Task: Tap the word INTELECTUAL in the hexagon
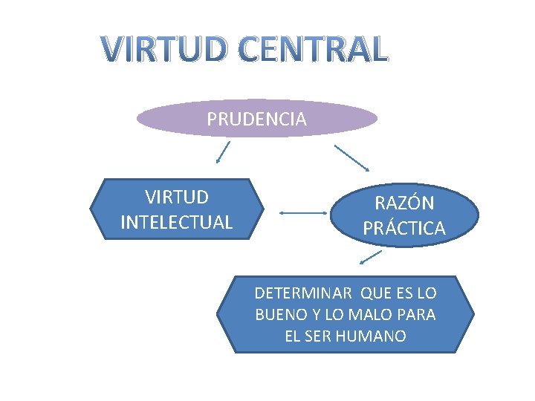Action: pos(176,222)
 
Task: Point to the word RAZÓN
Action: pos(404,203)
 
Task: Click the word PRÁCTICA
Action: pos(404,229)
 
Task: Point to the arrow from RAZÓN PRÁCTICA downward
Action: pos(369,258)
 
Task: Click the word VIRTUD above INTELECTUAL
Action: pos(176,198)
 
